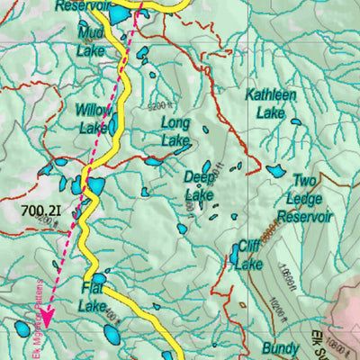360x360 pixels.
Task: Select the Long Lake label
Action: (x=175, y=131)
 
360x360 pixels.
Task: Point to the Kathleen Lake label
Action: (x=271, y=103)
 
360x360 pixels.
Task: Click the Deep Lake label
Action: (x=199, y=186)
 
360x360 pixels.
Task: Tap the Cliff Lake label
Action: (x=248, y=256)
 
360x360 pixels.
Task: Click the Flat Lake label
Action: (x=92, y=297)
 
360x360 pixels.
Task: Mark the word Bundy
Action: (x=280, y=347)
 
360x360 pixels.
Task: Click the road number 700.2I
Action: (x=40, y=212)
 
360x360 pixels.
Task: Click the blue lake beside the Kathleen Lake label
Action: (x=295, y=120)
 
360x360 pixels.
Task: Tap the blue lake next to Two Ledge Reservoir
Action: (x=275, y=170)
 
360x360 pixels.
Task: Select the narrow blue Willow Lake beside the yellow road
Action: (x=113, y=122)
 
